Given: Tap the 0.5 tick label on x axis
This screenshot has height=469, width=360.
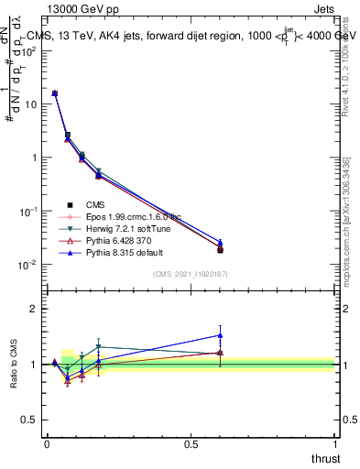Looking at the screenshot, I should (x=191, y=443).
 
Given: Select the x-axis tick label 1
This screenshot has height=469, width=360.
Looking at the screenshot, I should (x=334, y=443).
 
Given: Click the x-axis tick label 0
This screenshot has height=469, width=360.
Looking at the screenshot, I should (x=47, y=443).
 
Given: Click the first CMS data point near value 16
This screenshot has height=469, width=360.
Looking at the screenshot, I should (x=55, y=93).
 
